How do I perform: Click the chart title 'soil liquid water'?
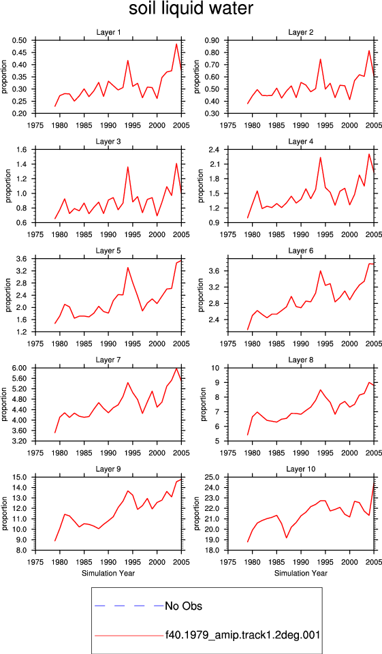tap(191, 9)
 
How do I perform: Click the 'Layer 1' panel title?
tap(108, 33)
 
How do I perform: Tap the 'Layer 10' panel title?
tap(301, 469)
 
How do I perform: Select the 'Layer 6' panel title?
tap(301, 251)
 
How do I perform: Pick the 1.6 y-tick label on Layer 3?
tap(22, 150)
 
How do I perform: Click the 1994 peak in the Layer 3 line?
tap(127, 167)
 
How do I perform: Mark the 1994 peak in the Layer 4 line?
tap(320, 157)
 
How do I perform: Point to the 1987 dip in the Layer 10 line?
tap(287, 538)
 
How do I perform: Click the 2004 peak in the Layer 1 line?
tap(176, 44)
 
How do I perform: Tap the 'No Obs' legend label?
tap(183, 606)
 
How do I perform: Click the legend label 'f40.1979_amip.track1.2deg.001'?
tap(242, 635)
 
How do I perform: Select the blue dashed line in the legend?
tap(129, 605)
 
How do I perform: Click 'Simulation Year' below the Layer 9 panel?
tap(108, 573)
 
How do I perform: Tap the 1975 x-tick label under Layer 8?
tap(228, 453)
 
